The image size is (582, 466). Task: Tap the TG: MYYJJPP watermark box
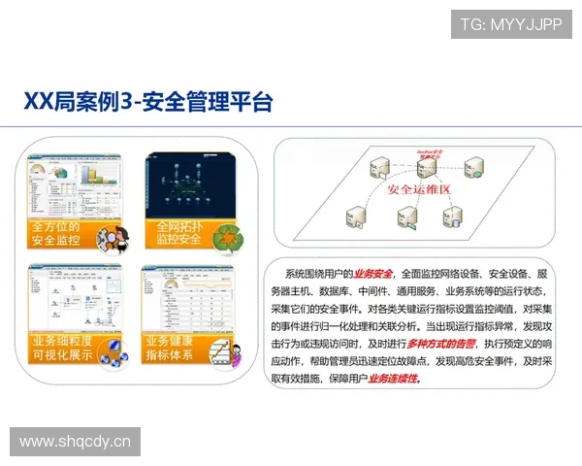[511, 24]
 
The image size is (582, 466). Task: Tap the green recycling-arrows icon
[229, 237]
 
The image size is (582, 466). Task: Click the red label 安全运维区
[419, 189]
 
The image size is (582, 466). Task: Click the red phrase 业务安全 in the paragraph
[372, 275]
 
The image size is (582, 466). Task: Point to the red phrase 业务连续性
[394, 380]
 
